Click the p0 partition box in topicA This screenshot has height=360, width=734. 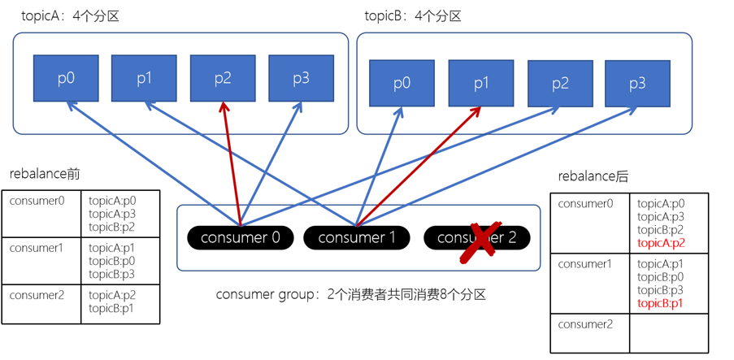point(66,78)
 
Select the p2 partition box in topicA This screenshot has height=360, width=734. point(223,78)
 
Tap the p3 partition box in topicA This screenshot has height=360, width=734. point(301,78)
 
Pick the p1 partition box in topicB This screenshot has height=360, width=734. point(481,83)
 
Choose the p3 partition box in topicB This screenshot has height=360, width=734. point(637,83)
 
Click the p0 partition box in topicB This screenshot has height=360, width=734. point(402,83)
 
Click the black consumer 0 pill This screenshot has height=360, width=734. point(240,237)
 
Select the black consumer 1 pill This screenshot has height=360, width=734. point(356,237)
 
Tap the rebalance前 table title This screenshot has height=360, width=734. point(45,174)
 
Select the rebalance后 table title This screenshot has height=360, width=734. point(593,176)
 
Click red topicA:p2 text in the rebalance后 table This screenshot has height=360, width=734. point(661,243)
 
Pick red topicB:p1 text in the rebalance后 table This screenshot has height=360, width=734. point(661,303)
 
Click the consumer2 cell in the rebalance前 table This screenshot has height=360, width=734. point(41,303)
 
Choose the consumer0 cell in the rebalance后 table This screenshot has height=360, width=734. point(589,223)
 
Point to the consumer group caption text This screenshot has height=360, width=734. point(350,294)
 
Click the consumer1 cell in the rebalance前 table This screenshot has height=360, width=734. point(41,260)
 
